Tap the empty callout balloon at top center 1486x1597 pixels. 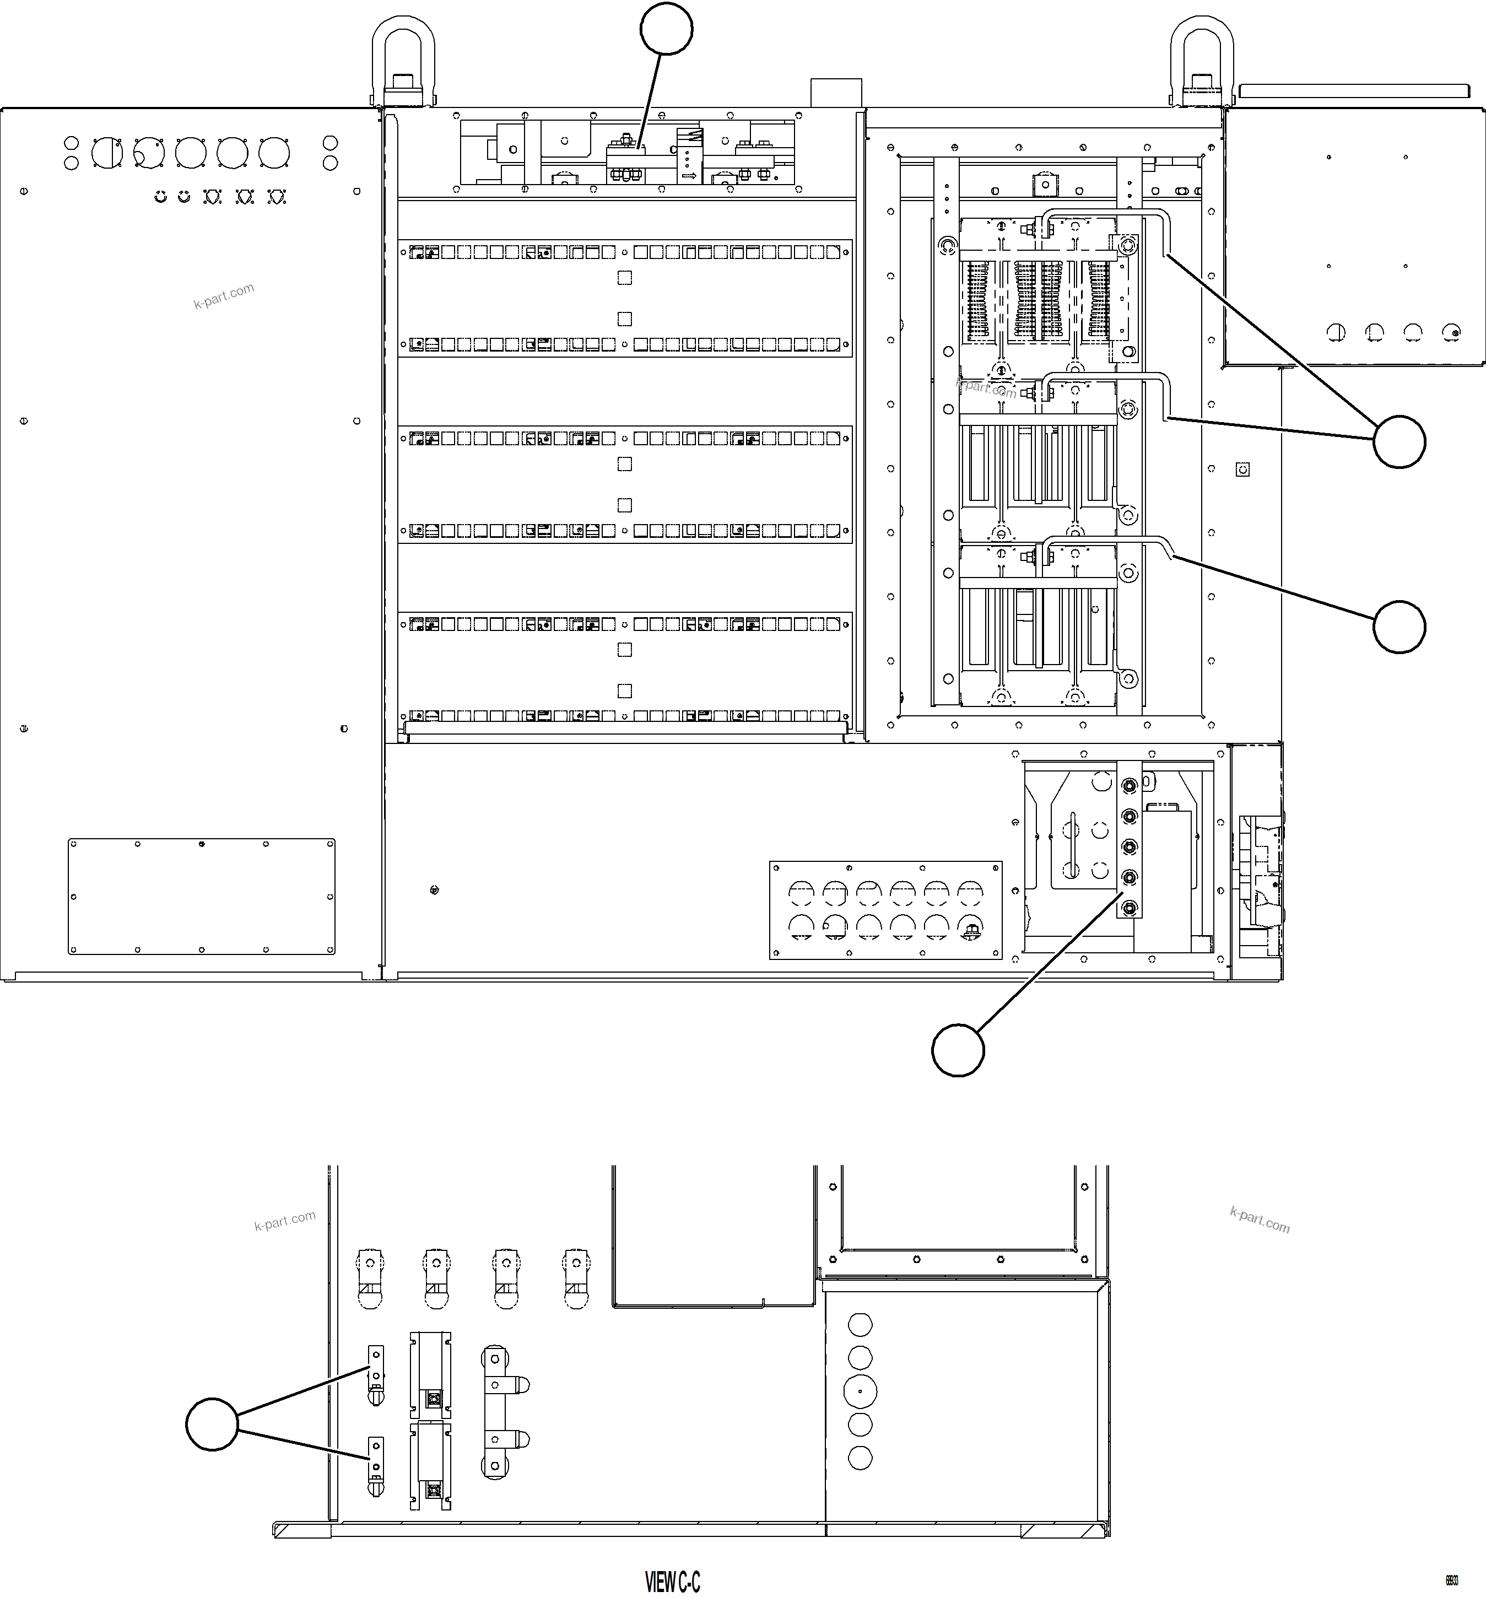tap(666, 28)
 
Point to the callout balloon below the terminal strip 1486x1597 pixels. tap(958, 1050)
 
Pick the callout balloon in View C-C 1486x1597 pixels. tap(212, 1425)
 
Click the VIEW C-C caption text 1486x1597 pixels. tap(672, 1583)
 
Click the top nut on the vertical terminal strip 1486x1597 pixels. tap(1128, 784)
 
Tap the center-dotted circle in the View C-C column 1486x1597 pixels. tap(860, 1390)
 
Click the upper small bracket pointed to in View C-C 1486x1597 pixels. tap(375, 1373)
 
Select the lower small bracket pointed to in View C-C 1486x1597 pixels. tap(375, 1464)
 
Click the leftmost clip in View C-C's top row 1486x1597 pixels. tap(370, 1277)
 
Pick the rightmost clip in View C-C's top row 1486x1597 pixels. tap(577, 1277)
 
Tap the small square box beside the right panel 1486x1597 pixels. tap(1242, 469)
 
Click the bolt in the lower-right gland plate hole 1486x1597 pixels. tap(970, 930)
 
